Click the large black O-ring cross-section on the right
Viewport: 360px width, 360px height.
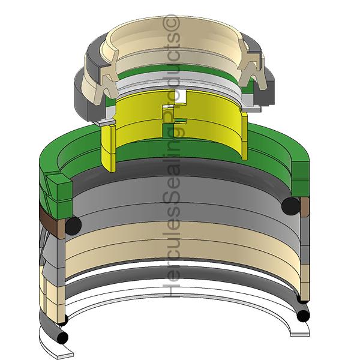click(290, 206)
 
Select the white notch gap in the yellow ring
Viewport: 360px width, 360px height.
click(181, 96)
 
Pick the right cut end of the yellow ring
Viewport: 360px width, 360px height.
click(245, 135)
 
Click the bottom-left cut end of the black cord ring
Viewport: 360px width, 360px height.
click(62, 337)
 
